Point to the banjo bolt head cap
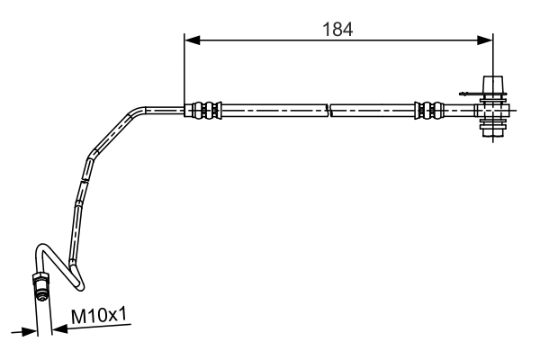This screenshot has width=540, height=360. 494,85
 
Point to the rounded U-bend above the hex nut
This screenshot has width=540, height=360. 43,251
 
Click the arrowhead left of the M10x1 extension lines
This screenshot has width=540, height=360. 29,331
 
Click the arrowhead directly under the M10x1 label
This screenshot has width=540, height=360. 59,329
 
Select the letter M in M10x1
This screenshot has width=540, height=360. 78,314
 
